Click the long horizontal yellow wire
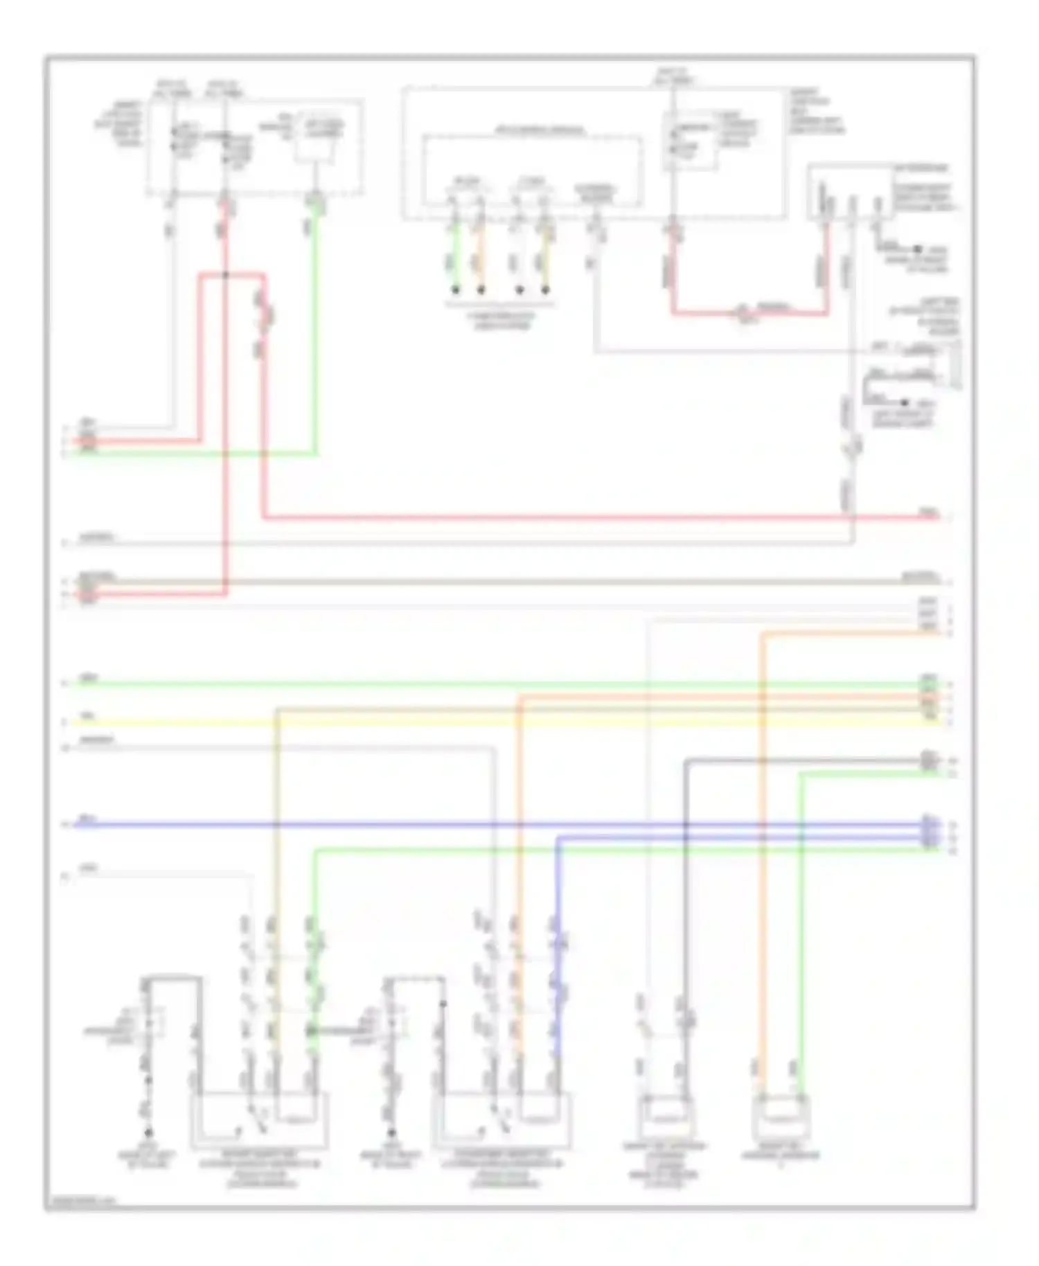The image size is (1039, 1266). point(485,722)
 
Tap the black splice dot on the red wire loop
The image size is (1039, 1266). point(226,275)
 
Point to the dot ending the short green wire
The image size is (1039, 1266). point(456,290)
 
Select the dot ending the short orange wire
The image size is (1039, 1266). point(481,290)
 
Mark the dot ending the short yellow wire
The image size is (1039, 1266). point(545,290)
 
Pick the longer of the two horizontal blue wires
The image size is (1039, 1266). point(485,825)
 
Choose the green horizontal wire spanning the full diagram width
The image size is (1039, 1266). point(485,684)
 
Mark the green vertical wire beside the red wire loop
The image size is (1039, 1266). point(317,332)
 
